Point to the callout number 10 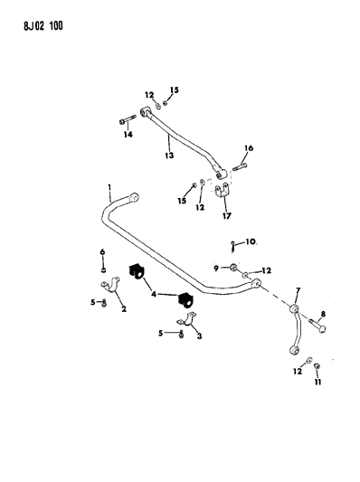pyautogui.click(x=251, y=242)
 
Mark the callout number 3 pyautogui.click(x=198, y=334)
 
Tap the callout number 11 pyautogui.click(x=317, y=382)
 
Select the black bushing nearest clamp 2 pyautogui.click(x=137, y=271)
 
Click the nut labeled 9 pyautogui.click(x=233, y=268)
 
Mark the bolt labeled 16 pyautogui.click(x=240, y=165)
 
